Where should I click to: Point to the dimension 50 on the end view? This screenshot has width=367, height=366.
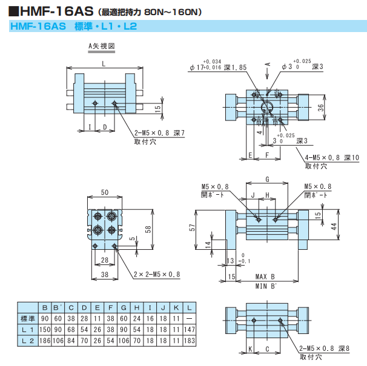click(x=105, y=192)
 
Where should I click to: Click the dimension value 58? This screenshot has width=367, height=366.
click(x=148, y=229)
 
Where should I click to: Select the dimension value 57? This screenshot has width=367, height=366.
click(x=192, y=227)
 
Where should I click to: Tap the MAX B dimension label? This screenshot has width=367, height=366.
click(x=265, y=276)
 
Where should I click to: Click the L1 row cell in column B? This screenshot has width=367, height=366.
click(x=44, y=330)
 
